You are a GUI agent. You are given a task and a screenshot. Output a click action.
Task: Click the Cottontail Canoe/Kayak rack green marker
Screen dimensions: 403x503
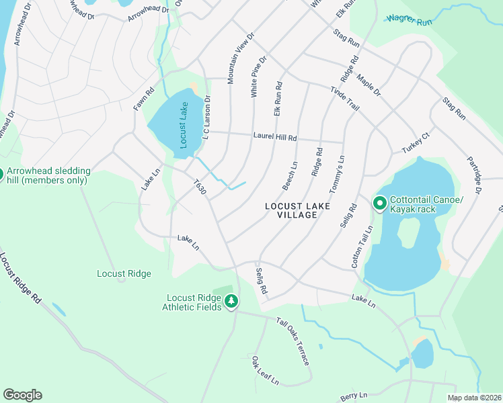pos(379,202)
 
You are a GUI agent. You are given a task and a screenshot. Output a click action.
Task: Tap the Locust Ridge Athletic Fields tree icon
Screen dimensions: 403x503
pos(231,301)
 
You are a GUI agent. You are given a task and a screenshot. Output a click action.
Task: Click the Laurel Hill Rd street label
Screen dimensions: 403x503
pos(275,138)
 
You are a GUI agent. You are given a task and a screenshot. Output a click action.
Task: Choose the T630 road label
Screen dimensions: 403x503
pos(200,187)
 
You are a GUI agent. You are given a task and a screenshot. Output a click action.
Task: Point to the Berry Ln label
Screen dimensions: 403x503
pos(354,396)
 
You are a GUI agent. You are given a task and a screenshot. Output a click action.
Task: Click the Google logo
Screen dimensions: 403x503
pos(22,395)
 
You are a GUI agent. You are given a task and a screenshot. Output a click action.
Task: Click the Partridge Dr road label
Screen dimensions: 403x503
pos(474,176)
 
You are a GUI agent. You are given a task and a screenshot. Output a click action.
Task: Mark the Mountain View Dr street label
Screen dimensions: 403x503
pos(240,58)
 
